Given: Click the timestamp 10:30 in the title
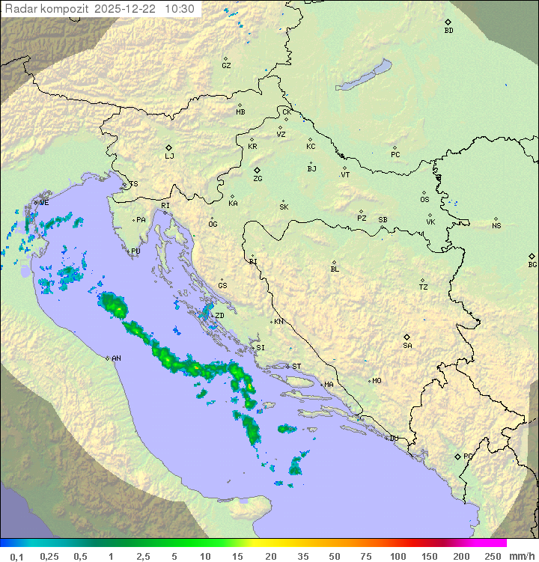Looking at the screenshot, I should tap(180, 9).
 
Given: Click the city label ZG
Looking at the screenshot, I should tap(258, 179).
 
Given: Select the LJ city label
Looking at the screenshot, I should tap(169, 156).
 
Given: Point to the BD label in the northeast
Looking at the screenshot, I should tap(448, 31).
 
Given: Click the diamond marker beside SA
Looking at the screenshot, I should tap(407, 337).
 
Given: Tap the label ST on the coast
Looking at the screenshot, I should tap(296, 367).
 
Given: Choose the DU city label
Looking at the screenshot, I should tap(393, 439).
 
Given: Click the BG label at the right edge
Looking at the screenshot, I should tap(532, 265).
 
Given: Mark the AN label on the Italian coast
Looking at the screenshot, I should tap(116, 358).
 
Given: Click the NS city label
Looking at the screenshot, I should tap(496, 226).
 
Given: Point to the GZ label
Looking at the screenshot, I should tap(226, 66).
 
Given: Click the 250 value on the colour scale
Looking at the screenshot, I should tap(493, 556).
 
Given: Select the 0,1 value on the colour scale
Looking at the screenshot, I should tap(16, 556).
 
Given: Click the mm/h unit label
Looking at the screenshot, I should tap(521, 556).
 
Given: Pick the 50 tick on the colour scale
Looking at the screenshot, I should tap(335, 556).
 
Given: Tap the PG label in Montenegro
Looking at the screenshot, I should tap(468, 456).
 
